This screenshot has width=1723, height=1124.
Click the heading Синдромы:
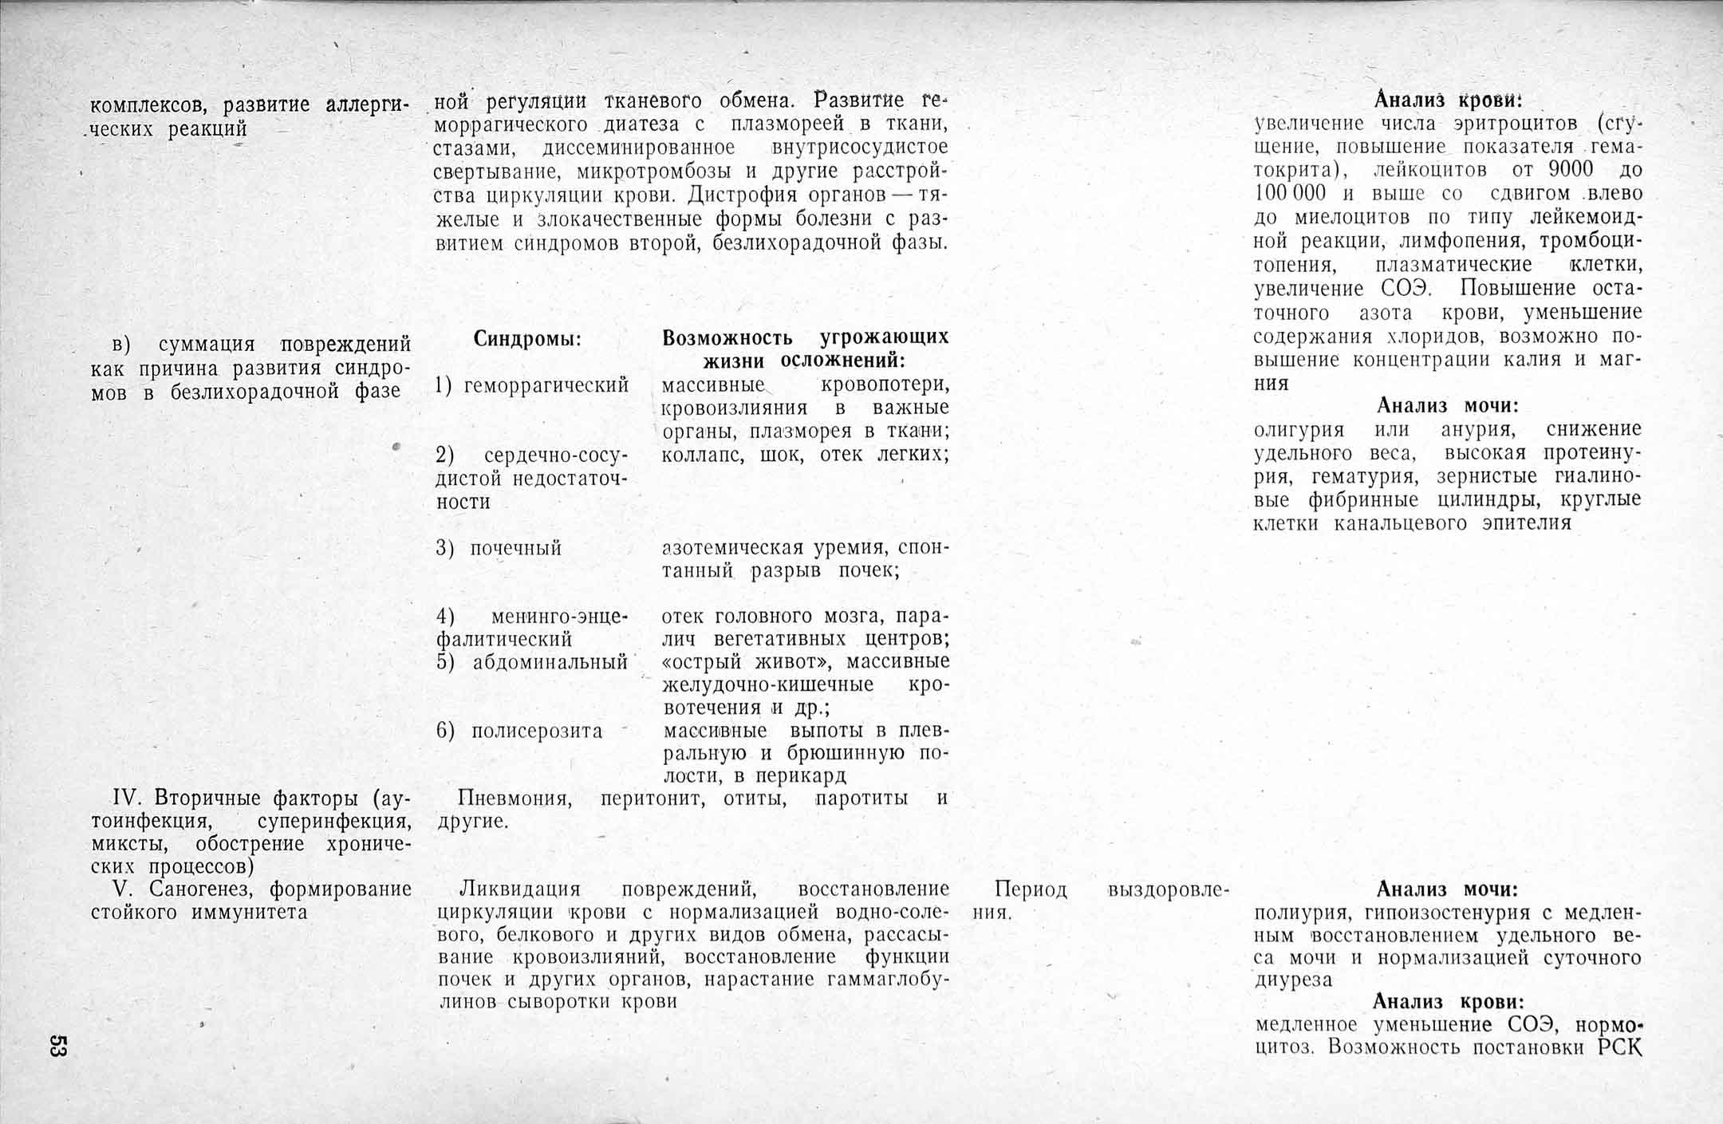pos(527,339)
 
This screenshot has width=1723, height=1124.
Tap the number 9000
pos(1571,170)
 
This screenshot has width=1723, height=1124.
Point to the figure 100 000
pos(1290,193)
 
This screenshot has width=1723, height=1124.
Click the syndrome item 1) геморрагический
pos(532,386)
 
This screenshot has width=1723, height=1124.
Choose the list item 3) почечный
pos(499,549)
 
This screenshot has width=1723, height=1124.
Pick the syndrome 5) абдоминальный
pos(532,662)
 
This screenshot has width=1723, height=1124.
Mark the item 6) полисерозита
pos(519,732)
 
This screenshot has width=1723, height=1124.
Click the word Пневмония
pos(515,799)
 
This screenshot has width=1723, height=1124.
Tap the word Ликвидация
pos(520,889)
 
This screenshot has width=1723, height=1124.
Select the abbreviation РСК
pos(1620,1047)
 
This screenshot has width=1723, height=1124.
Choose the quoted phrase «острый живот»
pos(749,662)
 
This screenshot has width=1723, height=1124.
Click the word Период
pos(1030,889)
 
